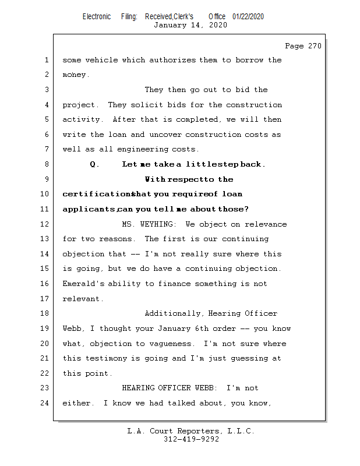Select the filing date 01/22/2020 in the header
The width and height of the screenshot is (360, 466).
(x=248, y=17)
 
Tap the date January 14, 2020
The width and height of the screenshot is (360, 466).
(x=190, y=25)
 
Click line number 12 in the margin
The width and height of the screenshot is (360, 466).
(x=46, y=224)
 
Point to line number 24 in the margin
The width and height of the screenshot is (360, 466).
(x=46, y=403)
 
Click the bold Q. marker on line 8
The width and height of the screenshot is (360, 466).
(x=94, y=164)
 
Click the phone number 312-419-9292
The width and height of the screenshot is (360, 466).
(x=191, y=439)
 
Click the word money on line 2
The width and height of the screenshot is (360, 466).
(x=75, y=75)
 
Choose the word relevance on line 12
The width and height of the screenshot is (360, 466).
(x=266, y=224)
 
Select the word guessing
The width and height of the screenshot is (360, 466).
(x=246, y=358)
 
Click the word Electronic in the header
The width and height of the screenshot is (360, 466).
(x=97, y=17)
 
